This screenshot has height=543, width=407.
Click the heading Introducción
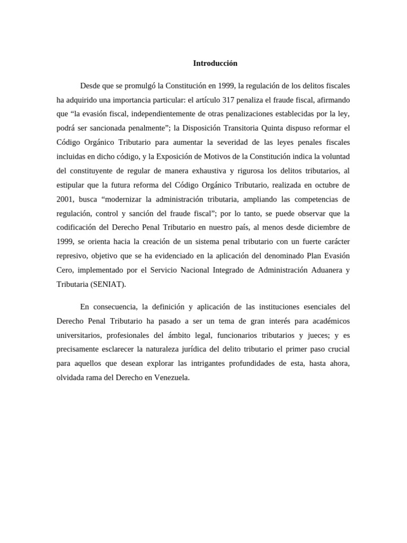pos(215,64)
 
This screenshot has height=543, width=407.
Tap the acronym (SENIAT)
pos(108,284)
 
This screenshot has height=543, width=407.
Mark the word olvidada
pos(70,378)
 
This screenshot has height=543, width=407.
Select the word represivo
pos(72,256)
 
